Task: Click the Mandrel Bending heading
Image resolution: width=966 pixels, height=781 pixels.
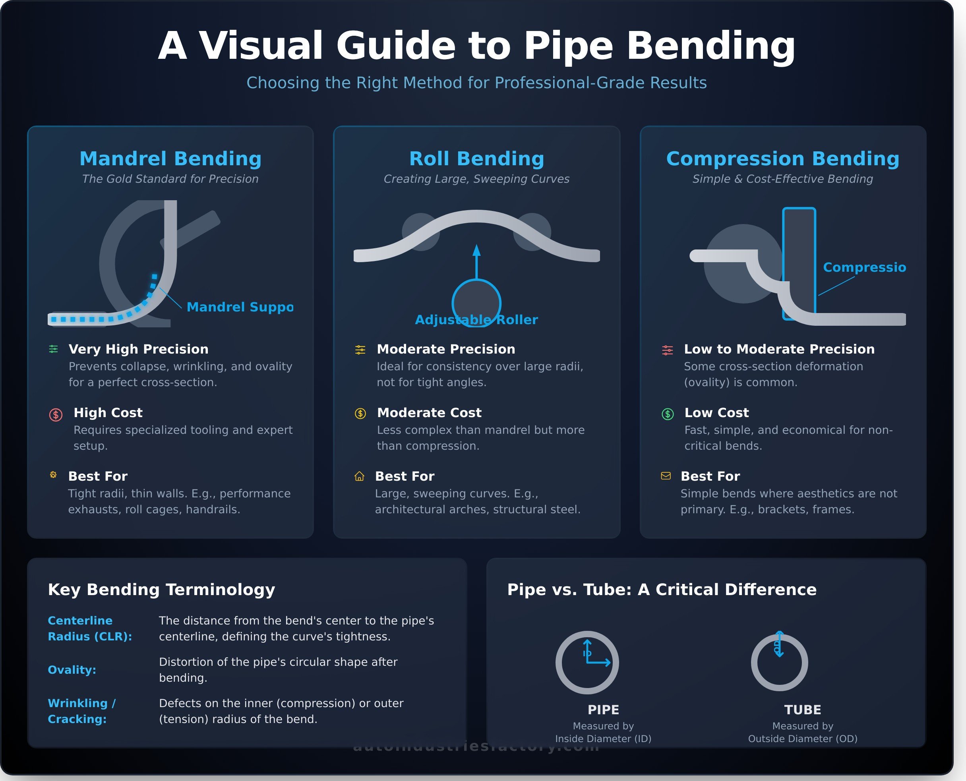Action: (170, 159)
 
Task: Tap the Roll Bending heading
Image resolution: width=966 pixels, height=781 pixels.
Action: (476, 159)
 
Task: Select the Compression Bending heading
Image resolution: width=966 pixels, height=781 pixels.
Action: (782, 159)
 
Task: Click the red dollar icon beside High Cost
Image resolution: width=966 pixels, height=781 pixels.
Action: (56, 414)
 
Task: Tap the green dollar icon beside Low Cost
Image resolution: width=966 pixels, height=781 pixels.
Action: (668, 414)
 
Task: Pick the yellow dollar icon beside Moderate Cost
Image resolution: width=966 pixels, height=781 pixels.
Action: (360, 414)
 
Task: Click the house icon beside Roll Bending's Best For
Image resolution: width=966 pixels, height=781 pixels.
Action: (359, 476)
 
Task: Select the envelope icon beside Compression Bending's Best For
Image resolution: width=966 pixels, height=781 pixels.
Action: (666, 476)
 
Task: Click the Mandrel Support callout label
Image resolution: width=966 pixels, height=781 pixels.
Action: (239, 307)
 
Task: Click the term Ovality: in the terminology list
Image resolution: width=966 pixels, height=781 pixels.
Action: (72, 670)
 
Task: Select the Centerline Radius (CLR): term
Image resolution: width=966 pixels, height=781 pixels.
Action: (89, 628)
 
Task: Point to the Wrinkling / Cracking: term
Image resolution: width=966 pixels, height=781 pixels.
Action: (81, 711)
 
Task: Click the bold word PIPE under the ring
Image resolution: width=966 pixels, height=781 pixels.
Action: (603, 709)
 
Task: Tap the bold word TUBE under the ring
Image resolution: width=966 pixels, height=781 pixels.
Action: (802, 709)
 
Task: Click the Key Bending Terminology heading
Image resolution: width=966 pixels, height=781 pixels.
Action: (161, 590)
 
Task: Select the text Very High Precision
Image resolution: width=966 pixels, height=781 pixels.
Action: (138, 349)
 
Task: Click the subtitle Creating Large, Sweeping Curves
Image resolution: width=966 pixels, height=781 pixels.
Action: (476, 179)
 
